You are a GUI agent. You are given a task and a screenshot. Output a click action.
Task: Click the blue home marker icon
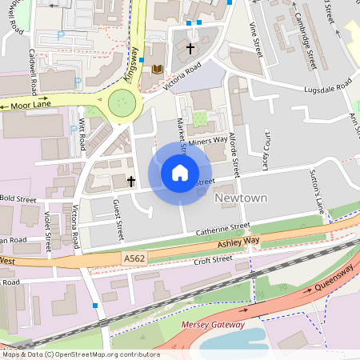180,172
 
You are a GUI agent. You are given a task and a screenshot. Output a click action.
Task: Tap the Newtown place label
240,197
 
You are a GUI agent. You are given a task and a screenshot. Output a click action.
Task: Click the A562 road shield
134,258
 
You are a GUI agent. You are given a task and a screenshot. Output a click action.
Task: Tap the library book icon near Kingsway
157,69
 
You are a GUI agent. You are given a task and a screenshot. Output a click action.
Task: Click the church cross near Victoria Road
190,49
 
